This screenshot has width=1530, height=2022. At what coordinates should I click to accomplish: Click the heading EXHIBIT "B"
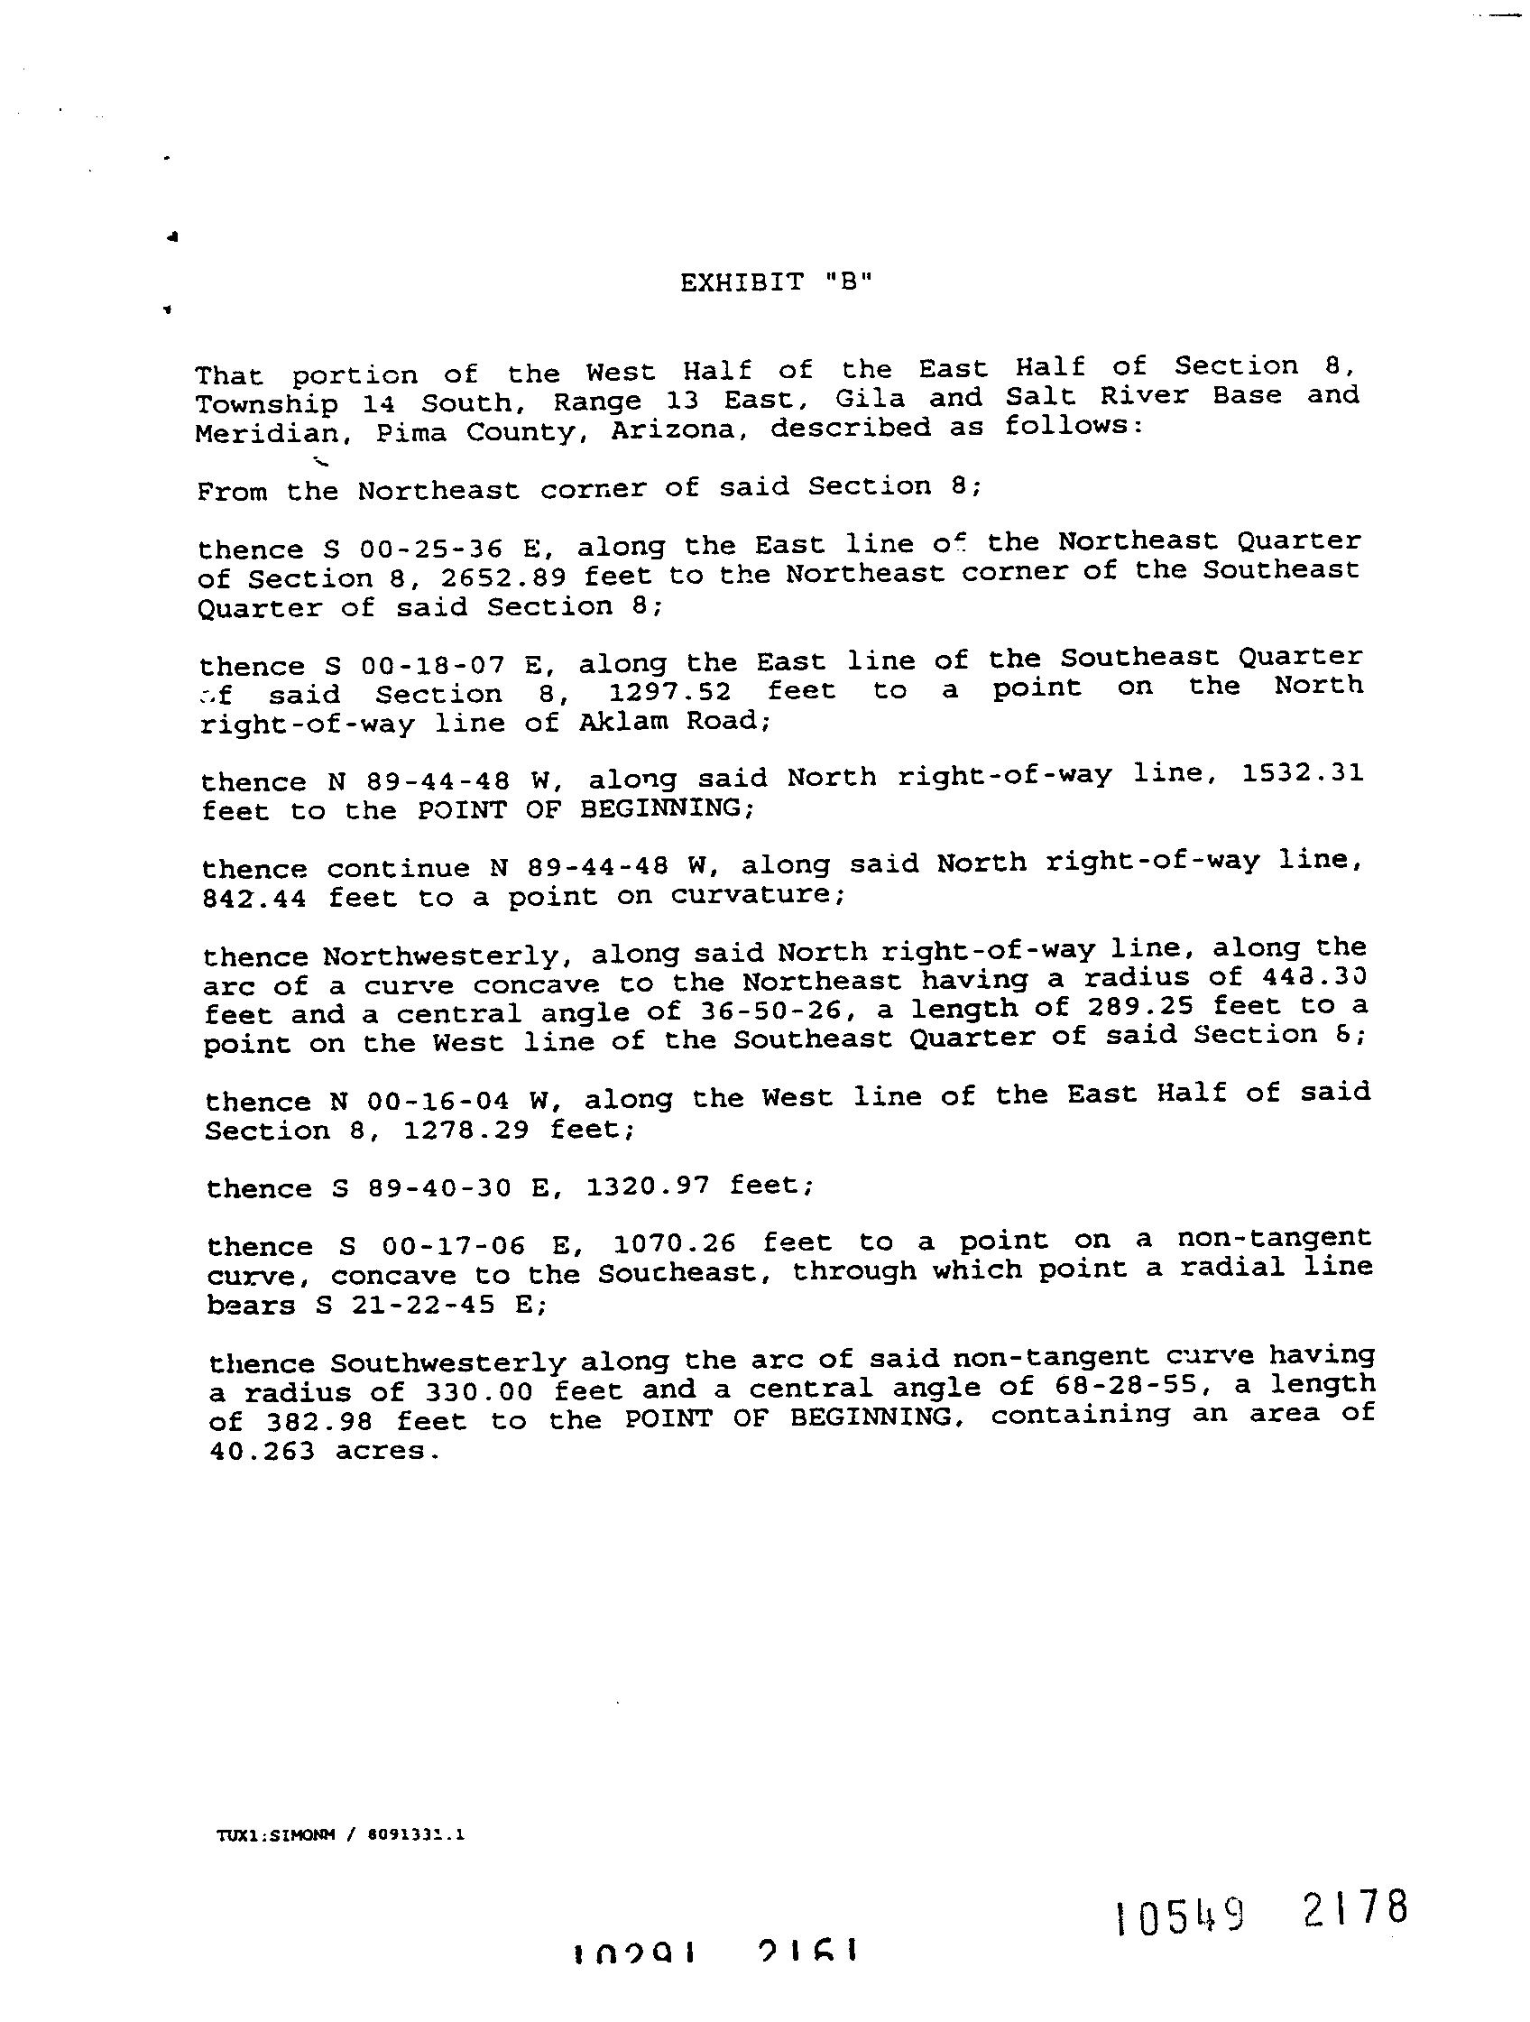click(776, 282)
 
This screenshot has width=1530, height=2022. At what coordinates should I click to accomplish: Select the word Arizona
click(673, 430)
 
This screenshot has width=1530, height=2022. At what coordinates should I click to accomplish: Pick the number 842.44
click(253, 900)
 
